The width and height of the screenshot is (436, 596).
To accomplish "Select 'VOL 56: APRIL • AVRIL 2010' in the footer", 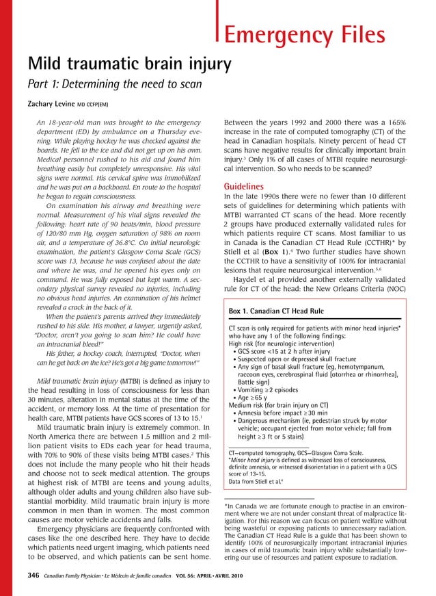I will (205, 578).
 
